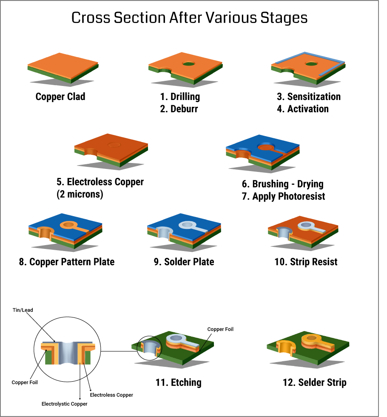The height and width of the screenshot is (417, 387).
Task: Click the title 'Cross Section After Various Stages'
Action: [189, 18]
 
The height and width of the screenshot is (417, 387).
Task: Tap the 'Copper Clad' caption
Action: [60, 97]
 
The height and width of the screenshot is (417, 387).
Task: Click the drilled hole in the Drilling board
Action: [188, 63]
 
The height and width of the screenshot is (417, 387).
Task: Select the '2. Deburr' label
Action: [179, 109]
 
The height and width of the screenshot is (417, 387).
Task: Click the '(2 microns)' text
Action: [80, 194]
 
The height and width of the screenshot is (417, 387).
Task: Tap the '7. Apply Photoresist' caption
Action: [284, 197]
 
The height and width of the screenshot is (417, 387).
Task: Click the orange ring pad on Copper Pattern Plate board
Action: [68, 224]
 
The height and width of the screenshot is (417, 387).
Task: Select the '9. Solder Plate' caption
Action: [184, 262]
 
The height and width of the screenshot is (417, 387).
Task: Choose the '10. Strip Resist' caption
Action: [306, 262]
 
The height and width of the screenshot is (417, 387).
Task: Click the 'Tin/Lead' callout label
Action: [23, 310]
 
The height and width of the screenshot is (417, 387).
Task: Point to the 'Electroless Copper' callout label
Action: [111, 395]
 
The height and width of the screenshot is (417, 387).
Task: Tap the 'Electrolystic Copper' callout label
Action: [64, 404]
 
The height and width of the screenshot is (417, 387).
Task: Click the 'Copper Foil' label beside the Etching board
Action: [220, 329]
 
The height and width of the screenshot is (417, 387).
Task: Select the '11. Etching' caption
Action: [179, 383]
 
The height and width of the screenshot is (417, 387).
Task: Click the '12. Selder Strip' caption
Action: [314, 383]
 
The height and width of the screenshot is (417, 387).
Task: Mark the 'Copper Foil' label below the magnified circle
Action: [25, 383]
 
